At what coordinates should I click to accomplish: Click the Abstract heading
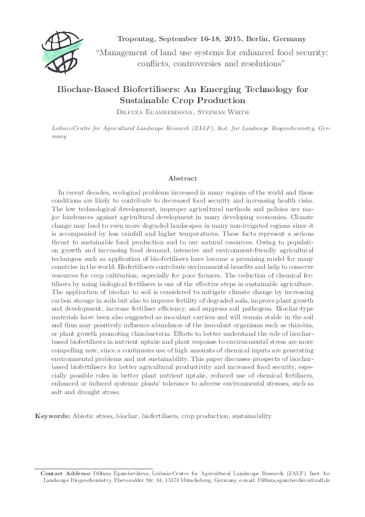pos(182,179)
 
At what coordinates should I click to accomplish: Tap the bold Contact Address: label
pos(66,473)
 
